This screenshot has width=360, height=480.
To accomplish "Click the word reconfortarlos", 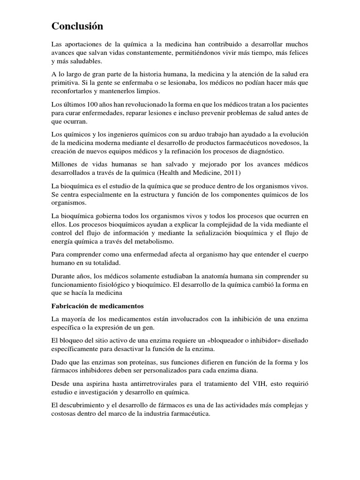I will click(x=74, y=91).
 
